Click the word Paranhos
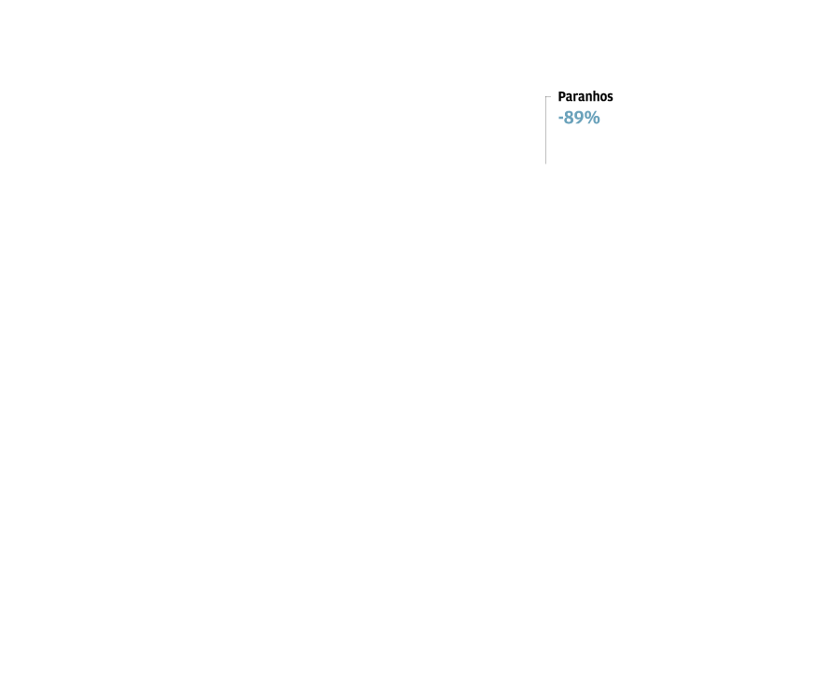click(585, 96)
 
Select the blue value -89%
click(579, 118)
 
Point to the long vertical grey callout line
click(545, 130)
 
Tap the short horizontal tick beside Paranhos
click(548, 97)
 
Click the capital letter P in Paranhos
click(562, 96)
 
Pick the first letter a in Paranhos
click(569, 98)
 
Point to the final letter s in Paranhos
click(611, 98)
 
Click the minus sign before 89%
click(560, 119)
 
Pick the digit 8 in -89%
click(569, 118)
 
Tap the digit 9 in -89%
click(579, 118)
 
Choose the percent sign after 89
click(592, 118)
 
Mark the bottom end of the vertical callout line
click(545, 164)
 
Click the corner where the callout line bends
click(545, 97)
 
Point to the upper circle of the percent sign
click(588, 114)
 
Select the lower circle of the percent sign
click(597, 121)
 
